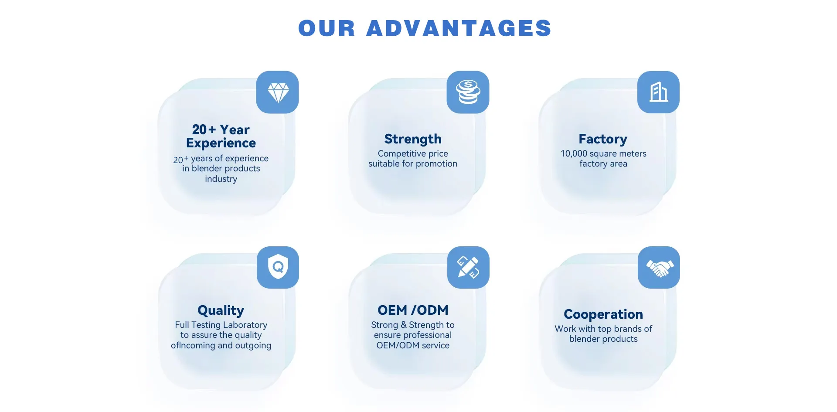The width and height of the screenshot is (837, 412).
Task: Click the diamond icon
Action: click(278, 92)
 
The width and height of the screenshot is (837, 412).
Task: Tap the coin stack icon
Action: click(468, 92)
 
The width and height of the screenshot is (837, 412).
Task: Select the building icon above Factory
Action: click(659, 92)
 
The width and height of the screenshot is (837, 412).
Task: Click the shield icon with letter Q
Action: click(278, 266)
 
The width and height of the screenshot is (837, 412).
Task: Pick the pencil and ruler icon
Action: click(468, 267)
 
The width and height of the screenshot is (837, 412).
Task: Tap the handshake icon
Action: click(660, 268)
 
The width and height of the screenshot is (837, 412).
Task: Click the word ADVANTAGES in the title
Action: click(459, 28)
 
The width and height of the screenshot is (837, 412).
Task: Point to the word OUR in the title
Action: click(327, 28)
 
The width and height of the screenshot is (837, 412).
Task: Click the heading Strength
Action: click(413, 139)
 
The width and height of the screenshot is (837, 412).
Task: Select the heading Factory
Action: click(603, 139)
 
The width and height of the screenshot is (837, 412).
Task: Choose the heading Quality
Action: click(221, 310)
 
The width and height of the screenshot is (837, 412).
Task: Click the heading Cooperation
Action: click(603, 314)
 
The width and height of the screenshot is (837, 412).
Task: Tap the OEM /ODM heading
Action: click(413, 310)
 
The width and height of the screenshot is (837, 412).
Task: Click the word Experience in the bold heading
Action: click(221, 143)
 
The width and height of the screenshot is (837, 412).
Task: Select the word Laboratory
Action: click(245, 325)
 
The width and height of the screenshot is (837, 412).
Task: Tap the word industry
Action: click(221, 179)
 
